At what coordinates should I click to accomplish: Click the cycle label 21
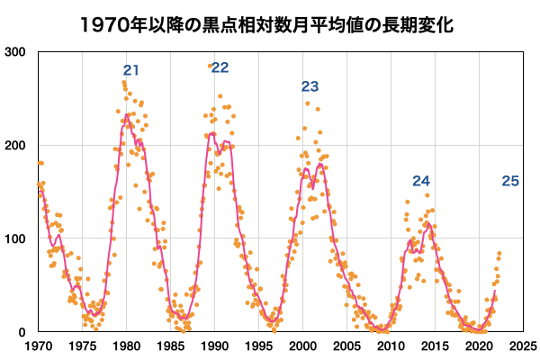[131, 71]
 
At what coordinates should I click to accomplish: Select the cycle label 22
[220, 68]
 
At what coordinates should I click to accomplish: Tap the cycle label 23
[310, 87]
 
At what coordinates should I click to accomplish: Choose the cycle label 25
[510, 182]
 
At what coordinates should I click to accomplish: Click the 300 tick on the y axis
[16, 52]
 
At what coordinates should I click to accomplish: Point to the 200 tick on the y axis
[16, 146]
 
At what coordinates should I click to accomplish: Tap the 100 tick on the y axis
[16, 239]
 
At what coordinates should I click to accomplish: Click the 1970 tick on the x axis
[38, 346]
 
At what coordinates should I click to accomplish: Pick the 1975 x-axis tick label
[82, 346]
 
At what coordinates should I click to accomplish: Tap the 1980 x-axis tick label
[126, 346]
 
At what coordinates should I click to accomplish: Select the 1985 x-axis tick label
[170, 346]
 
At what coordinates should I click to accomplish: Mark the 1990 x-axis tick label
[214, 346]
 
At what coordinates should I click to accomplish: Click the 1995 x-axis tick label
[258, 346]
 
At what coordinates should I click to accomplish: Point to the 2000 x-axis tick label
[303, 346]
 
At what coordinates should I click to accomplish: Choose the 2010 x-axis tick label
[391, 346]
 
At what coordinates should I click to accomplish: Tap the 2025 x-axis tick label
[523, 346]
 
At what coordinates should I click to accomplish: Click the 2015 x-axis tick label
[436, 346]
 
